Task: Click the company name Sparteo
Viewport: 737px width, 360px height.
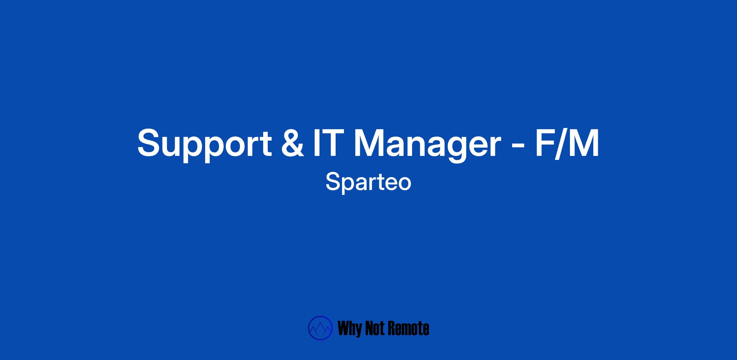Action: pos(368,183)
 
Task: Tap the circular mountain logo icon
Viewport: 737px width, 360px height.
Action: pos(320,328)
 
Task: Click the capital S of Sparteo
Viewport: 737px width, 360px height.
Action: pos(333,181)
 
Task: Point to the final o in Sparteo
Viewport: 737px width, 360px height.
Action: pos(404,184)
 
